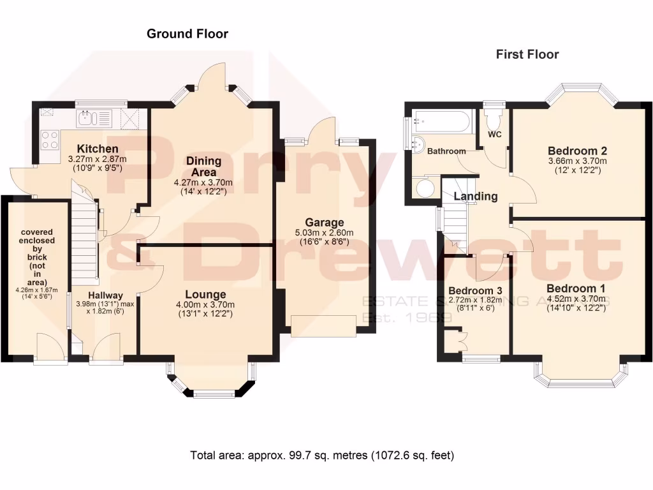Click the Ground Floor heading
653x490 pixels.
tap(187, 34)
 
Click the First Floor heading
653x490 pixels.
tap(527, 54)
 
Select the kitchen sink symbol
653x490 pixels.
tap(85, 117)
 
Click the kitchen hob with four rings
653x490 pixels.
tap(49, 140)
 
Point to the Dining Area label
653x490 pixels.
tap(204, 167)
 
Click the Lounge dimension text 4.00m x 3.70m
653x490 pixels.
tap(205, 305)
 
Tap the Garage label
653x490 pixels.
tap(328, 222)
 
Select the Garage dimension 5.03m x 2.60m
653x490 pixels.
tap(328, 233)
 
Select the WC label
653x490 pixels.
tap(494, 135)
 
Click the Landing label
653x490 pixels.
tap(476, 197)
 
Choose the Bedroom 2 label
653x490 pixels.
tap(577, 151)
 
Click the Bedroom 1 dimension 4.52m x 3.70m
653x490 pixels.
tap(576, 299)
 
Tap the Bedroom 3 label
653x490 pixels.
tap(475, 290)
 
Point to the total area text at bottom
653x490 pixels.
tap(322, 456)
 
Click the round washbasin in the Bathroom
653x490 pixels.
tap(418, 144)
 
